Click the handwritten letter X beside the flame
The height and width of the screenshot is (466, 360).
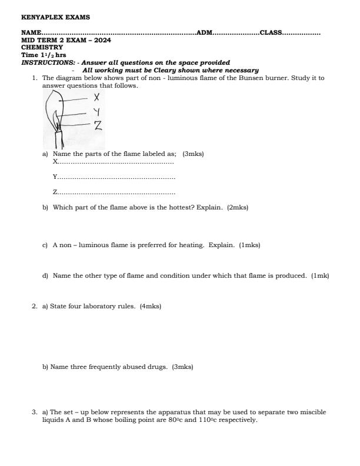pos(96,97)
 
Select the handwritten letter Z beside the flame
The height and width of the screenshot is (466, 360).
pos(98,124)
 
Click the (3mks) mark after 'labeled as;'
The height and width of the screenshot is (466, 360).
pos(194,154)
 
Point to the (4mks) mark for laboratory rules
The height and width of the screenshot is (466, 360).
pos(151,307)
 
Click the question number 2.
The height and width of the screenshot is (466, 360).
pos(35,307)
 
